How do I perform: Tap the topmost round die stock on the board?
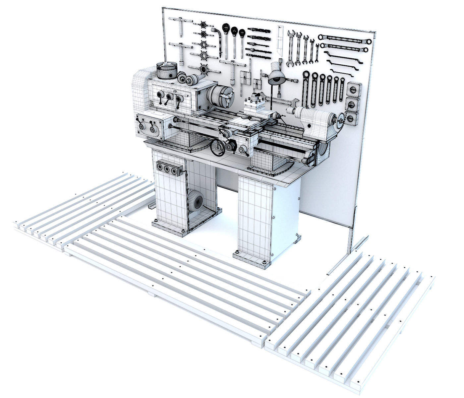point(203,25)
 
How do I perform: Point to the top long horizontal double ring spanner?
point(345,39)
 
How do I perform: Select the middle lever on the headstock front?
point(169,99)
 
